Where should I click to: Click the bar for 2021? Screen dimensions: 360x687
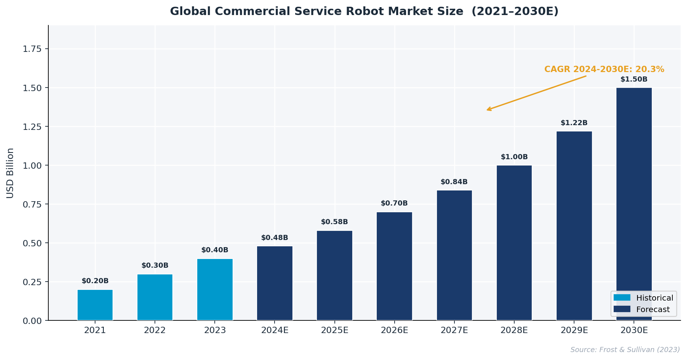click(95, 305)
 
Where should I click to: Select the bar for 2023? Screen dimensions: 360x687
click(215, 290)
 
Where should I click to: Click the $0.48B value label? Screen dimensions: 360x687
click(275, 238)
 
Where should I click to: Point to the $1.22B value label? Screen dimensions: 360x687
click(574, 123)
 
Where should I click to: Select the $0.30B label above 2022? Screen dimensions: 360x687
click(155, 266)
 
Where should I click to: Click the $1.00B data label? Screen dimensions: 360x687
click(514, 157)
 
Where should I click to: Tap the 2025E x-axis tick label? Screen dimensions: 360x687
click(335, 330)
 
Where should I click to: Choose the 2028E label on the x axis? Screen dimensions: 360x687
click(514, 330)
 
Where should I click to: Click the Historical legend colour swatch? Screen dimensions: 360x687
click(622, 298)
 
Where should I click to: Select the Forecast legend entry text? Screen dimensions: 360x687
click(653, 310)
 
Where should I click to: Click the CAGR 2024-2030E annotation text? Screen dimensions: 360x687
click(604, 70)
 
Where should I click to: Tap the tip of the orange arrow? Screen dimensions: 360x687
click(487, 110)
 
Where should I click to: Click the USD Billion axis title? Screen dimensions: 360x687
click(10, 173)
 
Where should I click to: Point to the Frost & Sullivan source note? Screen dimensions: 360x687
click(625, 350)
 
